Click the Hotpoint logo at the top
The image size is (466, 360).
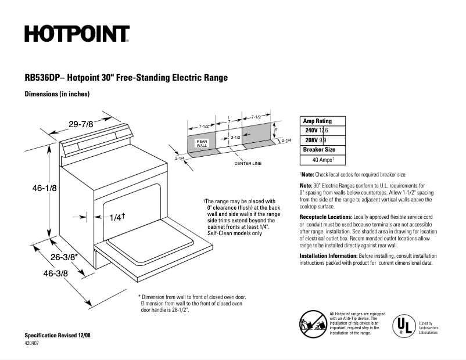point(77,34)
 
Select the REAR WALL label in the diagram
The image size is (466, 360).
point(202,143)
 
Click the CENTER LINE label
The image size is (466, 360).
point(248,163)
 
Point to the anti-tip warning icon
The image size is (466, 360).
point(313,323)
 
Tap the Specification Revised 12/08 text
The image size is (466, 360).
point(58,336)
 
